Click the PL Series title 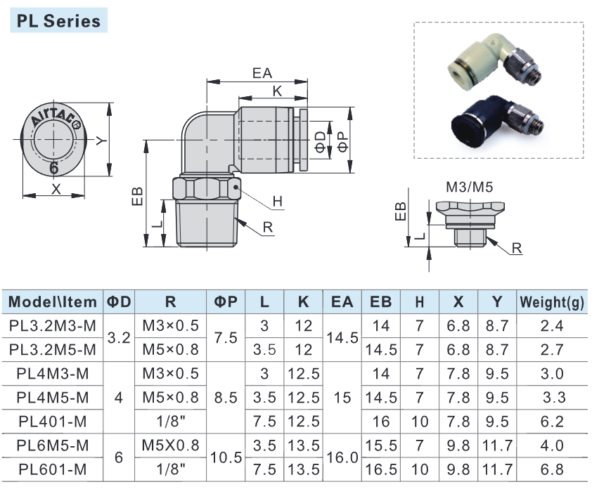(58, 20)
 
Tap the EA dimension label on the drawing (262, 73)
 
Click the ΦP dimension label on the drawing (342, 141)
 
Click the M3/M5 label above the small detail (470, 187)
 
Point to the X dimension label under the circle (56, 189)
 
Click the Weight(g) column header (553, 303)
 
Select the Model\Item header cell (53, 303)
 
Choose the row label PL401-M (53, 422)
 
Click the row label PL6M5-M (53, 446)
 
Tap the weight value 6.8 (553, 470)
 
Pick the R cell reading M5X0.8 (171, 446)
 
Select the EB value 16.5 (380, 470)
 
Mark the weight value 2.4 (553, 326)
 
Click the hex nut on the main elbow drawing (205, 189)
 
